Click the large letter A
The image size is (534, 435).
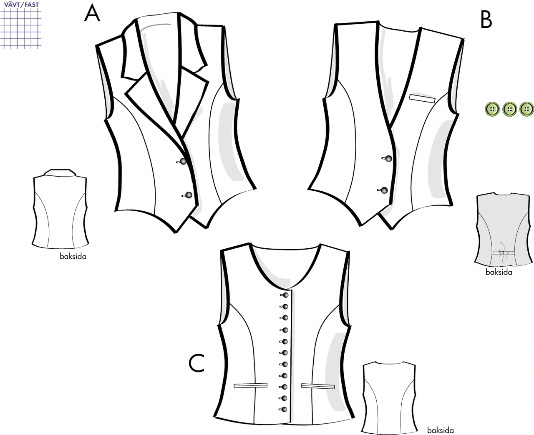(x=92, y=14)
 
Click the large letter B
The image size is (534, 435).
(x=486, y=20)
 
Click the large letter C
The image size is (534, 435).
(x=197, y=363)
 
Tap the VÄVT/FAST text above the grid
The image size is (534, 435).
(x=21, y=5)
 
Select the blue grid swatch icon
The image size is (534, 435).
(x=21, y=28)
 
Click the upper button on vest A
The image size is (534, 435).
(x=183, y=161)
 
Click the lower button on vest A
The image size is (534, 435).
(x=189, y=195)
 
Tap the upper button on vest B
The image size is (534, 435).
(x=388, y=159)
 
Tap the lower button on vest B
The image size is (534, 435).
(x=384, y=190)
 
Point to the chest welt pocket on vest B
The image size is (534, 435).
(x=422, y=99)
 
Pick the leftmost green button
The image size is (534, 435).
(x=492, y=109)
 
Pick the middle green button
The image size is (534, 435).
(x=509, y=109)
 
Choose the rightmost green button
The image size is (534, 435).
(x=526, y=109)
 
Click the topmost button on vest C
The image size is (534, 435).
(x=286, y=295)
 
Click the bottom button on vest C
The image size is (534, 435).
(x=284, y=409)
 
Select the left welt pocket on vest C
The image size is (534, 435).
(x=250, y=385)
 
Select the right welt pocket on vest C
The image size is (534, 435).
(x=318, y=386)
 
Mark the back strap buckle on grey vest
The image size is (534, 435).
(x=501, y=252)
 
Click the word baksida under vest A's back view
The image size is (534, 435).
(x=73, y=256)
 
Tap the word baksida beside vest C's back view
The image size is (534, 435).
(x=440, y=430)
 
